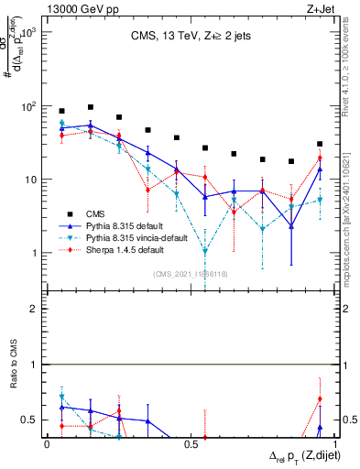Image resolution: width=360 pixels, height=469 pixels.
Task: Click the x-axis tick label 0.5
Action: (x=191, y=443)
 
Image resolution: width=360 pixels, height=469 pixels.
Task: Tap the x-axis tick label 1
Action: (x=333, y=443)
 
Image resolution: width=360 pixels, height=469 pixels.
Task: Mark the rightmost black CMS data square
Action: (x=319, y=144)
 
